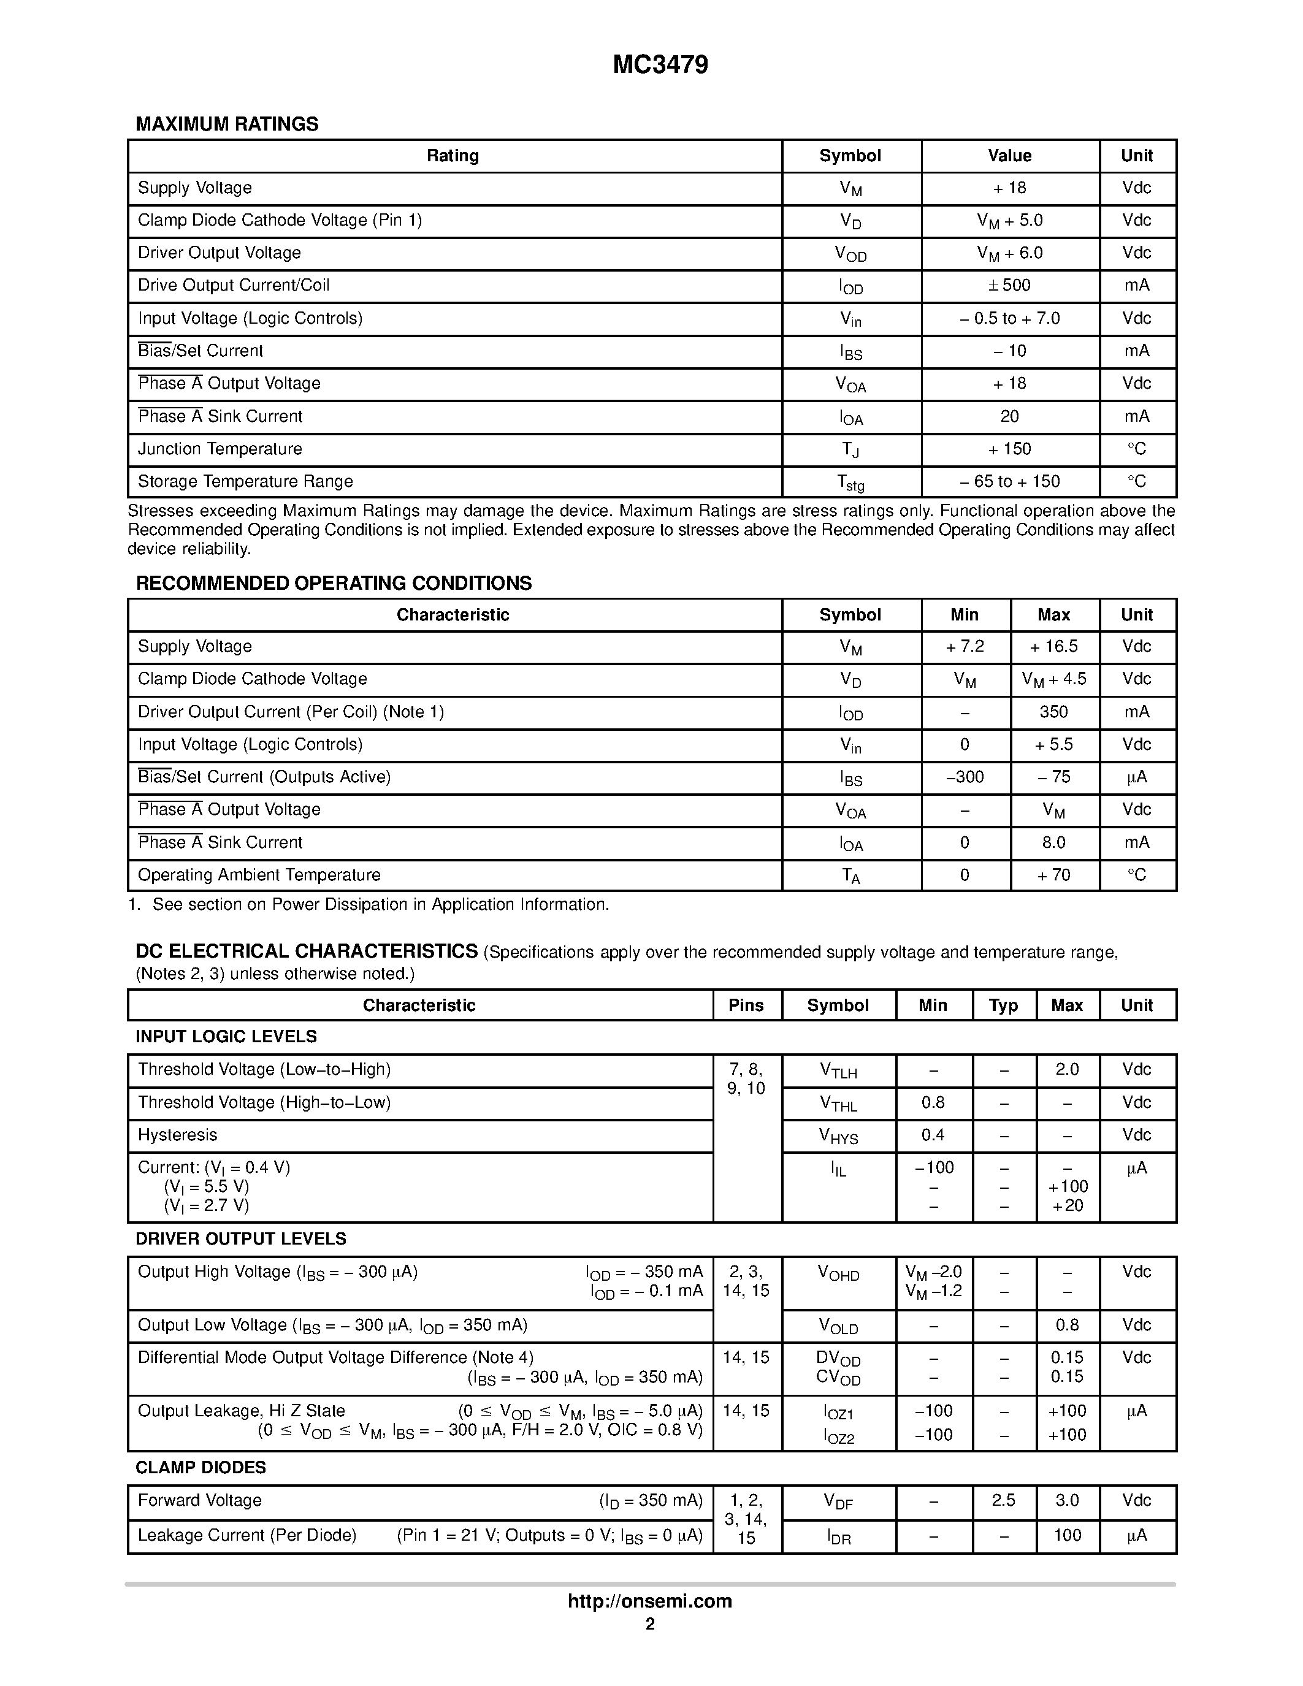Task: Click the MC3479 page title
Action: tap(660, 66)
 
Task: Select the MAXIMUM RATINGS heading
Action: tap(227, 124)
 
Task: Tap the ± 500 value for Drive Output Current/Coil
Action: tap(1010, 286)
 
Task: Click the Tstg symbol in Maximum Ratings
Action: tap(850, 483)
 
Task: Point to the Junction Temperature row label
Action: tap(220, 449)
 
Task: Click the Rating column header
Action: tap(453, 156)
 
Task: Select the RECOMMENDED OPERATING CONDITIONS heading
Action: tap(334, 584)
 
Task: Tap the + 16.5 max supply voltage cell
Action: tap(1053, 647)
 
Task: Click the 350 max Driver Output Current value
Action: tap(1053, 712)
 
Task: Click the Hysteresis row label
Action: tap(178, 1135)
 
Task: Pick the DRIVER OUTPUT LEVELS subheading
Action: tap(241, 1239)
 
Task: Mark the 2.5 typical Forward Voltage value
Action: tap(1004, 1501)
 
